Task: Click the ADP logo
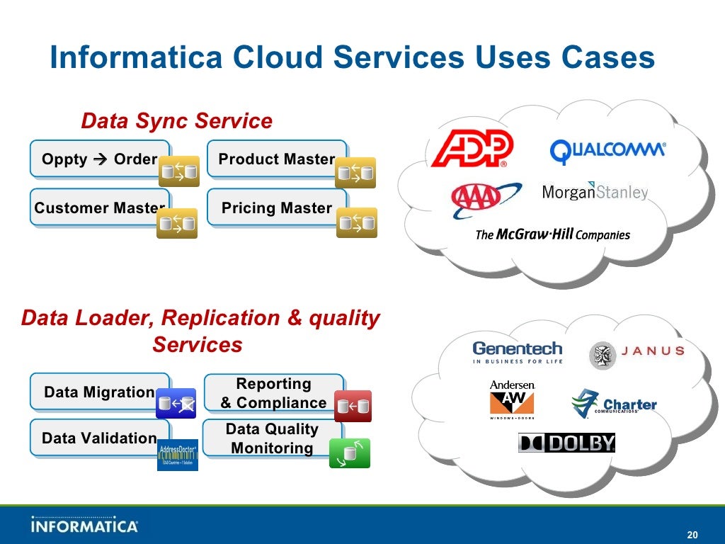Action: (x=472, y=149)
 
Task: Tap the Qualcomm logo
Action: (x=607, y=150)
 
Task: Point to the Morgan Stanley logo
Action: (x=595, y=192)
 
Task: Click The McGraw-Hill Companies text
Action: (x=552, y=234)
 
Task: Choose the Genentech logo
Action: (x=517, y=352)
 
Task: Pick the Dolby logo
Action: (x=566, y=443)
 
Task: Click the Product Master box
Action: (x=276, y=159)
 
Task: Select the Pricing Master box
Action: (x=276, y=208)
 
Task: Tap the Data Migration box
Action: (x=99, y=392)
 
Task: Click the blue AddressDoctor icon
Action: (x=178, y=454)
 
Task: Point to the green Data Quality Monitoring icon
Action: (x=350, y=453)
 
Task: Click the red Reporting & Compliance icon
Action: (x=353, y=406)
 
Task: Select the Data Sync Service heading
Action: (x=176, y=121)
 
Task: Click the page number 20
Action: (x=692, y=534)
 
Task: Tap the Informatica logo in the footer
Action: (x=84, y=526)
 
